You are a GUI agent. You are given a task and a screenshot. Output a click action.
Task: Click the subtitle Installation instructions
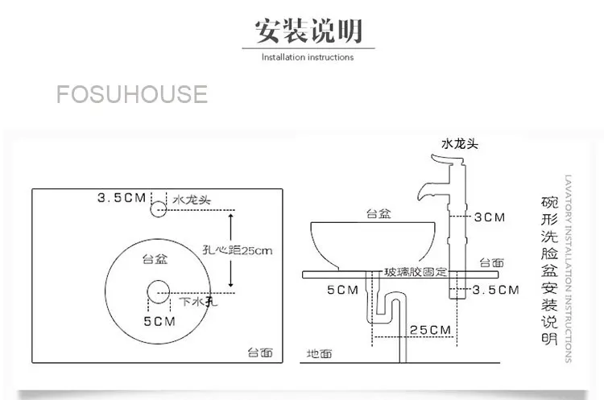308,57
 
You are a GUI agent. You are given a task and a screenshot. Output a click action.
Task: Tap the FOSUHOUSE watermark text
132,94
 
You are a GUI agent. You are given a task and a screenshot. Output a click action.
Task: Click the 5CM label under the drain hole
159,321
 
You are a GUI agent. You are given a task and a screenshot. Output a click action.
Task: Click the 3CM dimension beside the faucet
489,217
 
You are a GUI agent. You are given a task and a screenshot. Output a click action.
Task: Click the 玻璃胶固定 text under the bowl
416,272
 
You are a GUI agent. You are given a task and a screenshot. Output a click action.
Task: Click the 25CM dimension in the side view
429,330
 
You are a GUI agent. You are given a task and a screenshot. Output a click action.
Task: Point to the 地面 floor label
320,353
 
